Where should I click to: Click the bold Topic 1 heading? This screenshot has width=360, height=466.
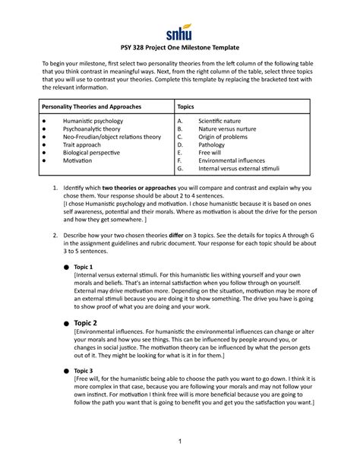point(84,268)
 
